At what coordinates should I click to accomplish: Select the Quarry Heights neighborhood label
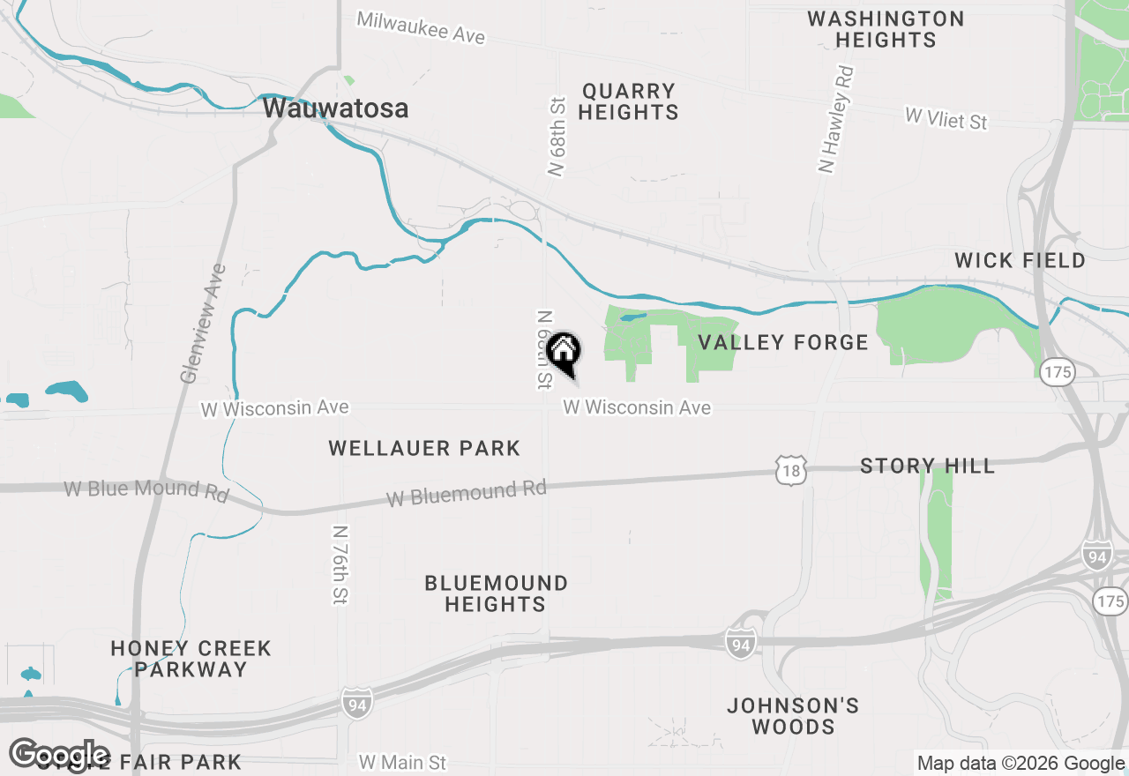(x=629, y=101)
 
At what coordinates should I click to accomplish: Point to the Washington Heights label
(x=886, y=29)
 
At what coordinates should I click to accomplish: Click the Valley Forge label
(x=783, y=342)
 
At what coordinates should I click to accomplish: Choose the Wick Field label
(x=1020, y=260)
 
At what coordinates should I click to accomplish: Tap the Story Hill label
(x=927, y=466)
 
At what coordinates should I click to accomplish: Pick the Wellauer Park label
(x=424, y=448)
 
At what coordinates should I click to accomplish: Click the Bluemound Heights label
(x=496, y=593)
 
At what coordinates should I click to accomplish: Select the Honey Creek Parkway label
(x=191, y=659)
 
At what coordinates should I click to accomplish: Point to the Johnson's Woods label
(x=793, y=716)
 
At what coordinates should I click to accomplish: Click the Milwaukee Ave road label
(x=421, y=27)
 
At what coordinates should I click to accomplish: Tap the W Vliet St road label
(x=946, y=118)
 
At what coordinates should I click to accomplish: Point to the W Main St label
(x=402, y=763)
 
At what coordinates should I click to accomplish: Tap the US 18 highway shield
(x=791, y=471)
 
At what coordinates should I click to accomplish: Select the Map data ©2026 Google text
(x=1021, y=764)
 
